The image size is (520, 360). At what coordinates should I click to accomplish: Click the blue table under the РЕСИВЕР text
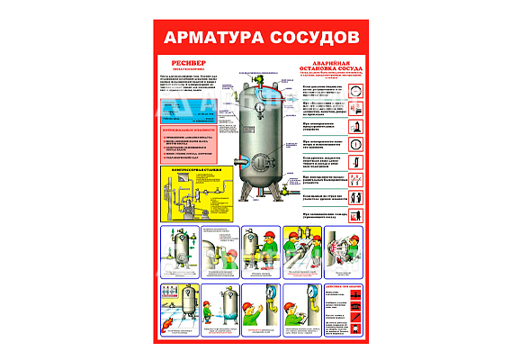(x=190, y=112)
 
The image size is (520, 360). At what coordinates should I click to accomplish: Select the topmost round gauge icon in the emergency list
(x=356, y=92)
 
